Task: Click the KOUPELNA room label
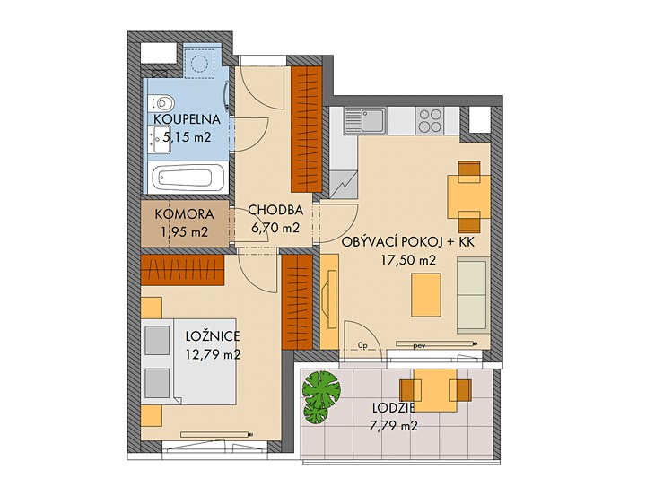coord(187,119)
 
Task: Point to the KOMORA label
coord(184,213)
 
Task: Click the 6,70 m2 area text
coord(275,228)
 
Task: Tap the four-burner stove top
coord(431,120)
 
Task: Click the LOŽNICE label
coord(213,336)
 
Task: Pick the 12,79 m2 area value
coord(213,354)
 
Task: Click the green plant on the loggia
coord(320,396)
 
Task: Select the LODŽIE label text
coord(394,408)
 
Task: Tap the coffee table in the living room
coord(426,295)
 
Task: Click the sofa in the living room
coord(474,295)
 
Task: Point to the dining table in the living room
coord(469,196)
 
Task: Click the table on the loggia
coord(435,390)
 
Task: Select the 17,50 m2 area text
coord(408,260)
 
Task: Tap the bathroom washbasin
coord(161,140)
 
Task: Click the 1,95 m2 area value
coord(184,232)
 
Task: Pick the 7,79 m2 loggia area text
coord(394,426)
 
